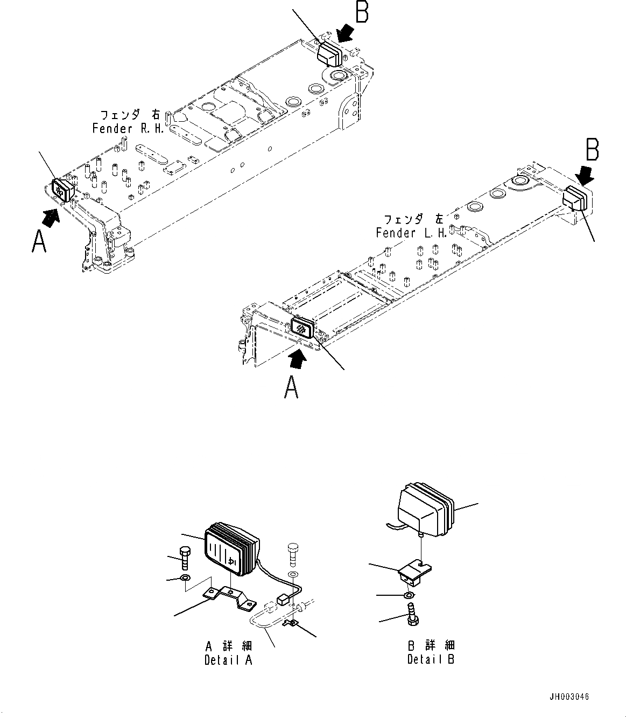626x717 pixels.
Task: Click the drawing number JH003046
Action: point(570,697)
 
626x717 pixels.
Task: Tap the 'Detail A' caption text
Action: point(228,660)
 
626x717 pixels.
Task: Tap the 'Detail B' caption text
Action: point(431,659)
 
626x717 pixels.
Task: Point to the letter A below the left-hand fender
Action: point(291,387)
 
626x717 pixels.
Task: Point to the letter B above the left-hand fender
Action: point(592,150)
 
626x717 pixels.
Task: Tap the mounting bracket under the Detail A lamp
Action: point(228,597)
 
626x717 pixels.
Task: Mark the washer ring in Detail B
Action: point(409,595)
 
